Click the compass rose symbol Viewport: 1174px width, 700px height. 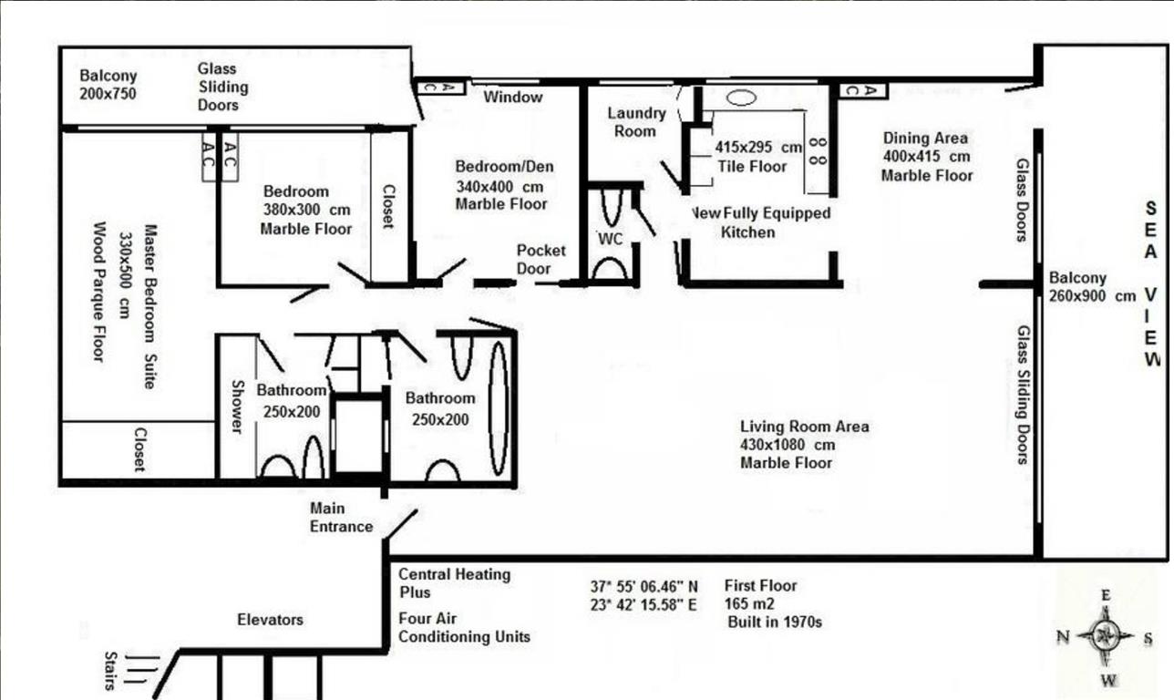pos(1106,637)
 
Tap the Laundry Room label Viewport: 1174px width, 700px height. pos(636,122)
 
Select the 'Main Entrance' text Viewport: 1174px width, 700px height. pos(341,517)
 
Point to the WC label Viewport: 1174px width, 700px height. pos(611,239)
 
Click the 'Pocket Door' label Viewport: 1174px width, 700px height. pos(541,260)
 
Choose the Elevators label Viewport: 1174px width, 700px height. pos(270,620)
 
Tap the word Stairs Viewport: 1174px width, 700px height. pos(109,671)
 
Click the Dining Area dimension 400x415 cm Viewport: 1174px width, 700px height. pos(927,156)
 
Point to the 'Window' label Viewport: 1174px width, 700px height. pos(512,97)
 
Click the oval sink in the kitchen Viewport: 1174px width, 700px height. pos(741,98)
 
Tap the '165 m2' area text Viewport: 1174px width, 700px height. pos(749,604)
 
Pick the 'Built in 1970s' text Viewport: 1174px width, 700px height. pos(775,623)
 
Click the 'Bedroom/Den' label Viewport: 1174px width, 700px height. pos(504,167)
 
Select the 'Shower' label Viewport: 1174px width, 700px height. pos(237,407)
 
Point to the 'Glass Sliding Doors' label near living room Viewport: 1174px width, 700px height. pos(1023,395)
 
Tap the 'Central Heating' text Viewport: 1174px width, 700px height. pos(455,574)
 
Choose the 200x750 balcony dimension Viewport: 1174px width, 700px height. pos(108,94)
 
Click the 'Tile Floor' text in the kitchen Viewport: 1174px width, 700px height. pos(752,167)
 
